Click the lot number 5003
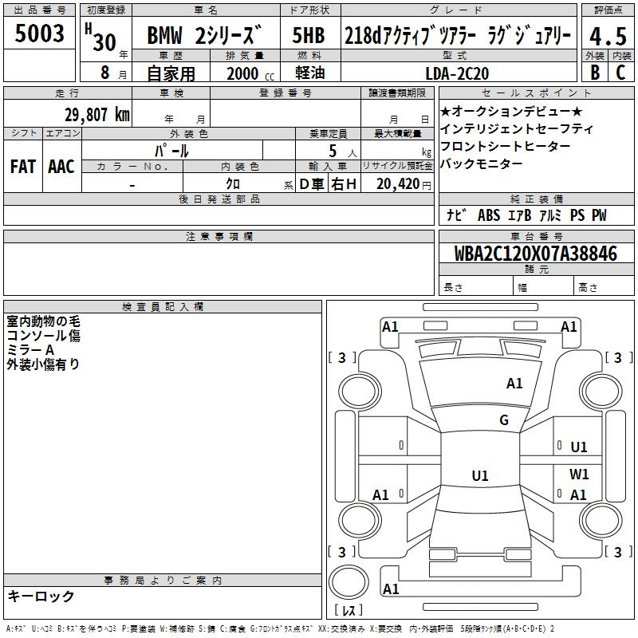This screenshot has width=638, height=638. coord(40,34)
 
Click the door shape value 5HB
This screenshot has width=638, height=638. coord(309,37)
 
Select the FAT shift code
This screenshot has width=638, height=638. coord(23,166)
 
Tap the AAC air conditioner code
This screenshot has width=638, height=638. coord(61,166)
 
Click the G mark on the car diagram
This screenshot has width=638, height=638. coord(504,420)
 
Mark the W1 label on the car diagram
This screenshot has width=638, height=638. coord(579,474)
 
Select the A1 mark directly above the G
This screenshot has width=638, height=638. coord(514,384)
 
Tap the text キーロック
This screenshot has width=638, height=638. coord(41,596)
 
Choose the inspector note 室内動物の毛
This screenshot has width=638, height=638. coord(43,321)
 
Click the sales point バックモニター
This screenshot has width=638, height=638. coord(481,163)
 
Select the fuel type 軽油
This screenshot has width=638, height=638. coord(309,73)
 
